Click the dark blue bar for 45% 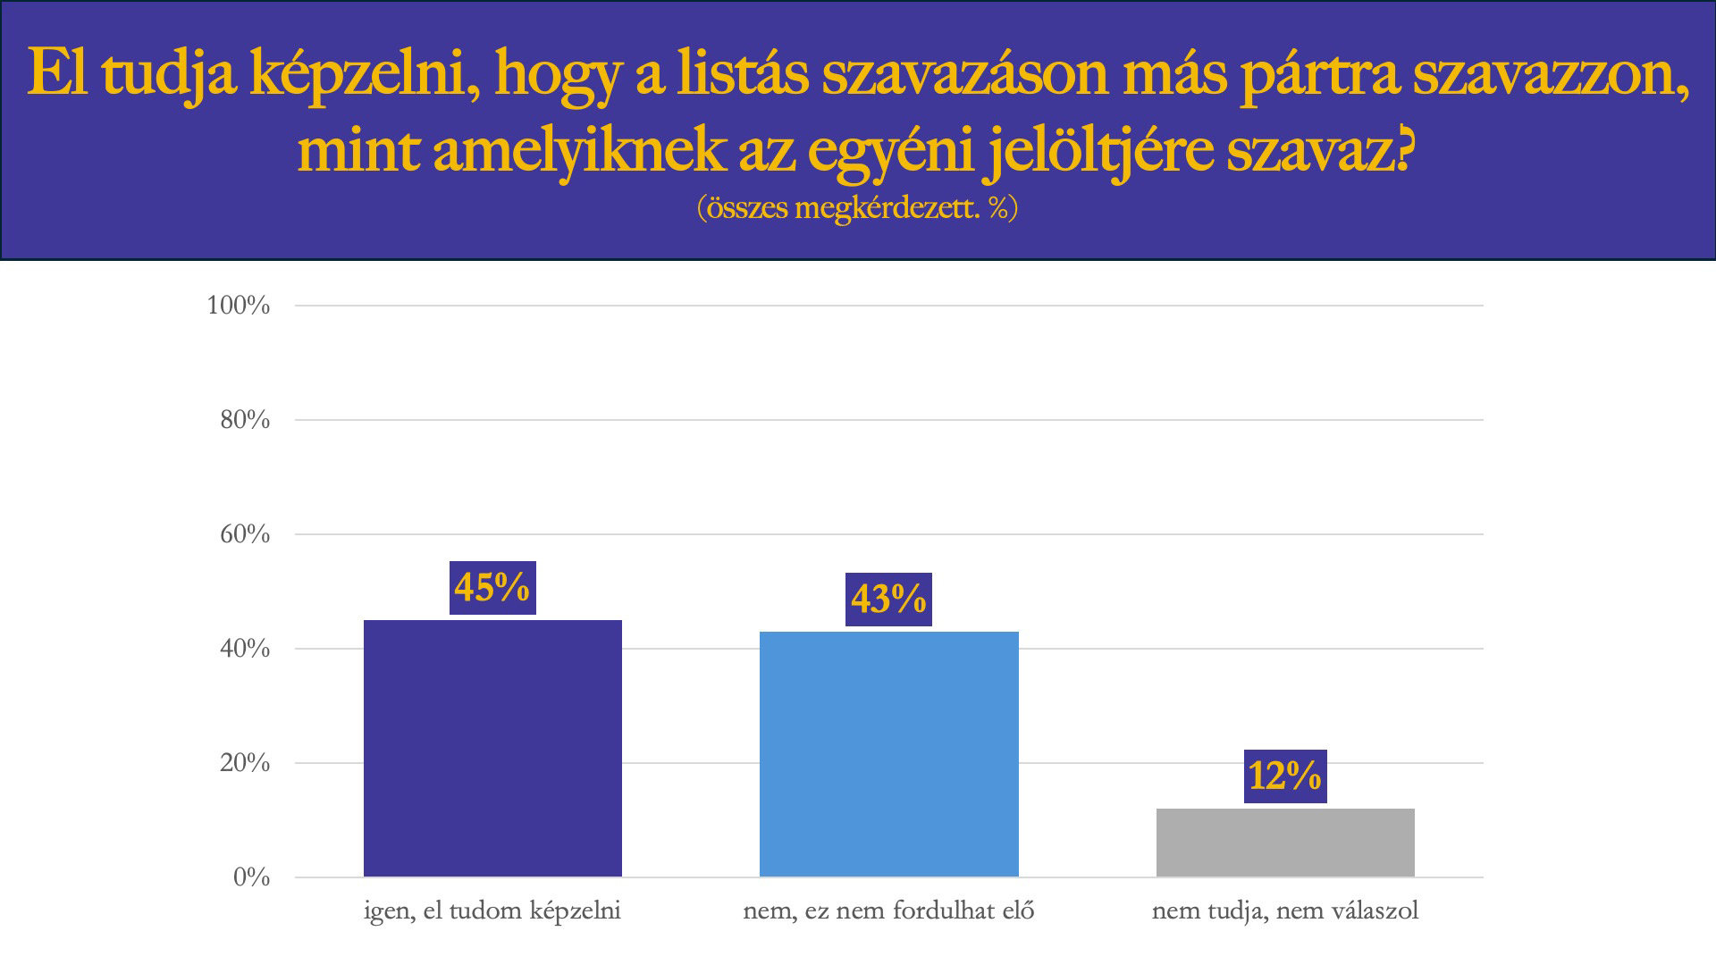492,749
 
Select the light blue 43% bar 888,754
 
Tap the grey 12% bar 1285,843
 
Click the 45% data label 492,588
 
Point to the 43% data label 888,600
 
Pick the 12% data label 1285,776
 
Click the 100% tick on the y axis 239,306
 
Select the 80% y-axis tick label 245,420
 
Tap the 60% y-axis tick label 245,534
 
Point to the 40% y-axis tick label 245,649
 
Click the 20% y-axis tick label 245,763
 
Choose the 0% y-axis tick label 251,877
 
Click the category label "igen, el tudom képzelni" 492,911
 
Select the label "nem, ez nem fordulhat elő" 888,911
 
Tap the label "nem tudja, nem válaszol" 1285,911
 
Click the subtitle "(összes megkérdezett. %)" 857,207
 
